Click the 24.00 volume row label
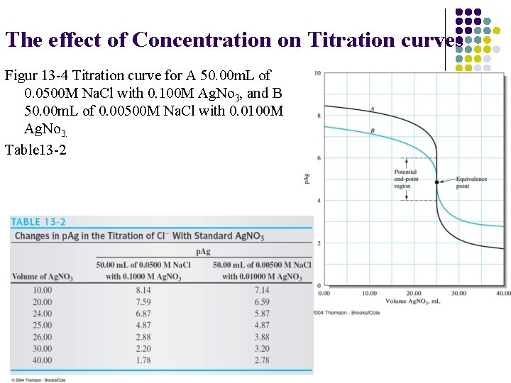(x=42, y=313)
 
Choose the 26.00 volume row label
(x=42, y=336)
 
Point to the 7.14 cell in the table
(x=261, y=289)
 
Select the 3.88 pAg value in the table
(x=261, y=336)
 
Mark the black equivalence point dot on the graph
(x=436, y=182)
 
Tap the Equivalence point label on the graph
(x=471, y=182)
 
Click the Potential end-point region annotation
(x=406, y=179)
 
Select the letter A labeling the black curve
(x=372, y=109)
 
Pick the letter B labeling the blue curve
(x=372, y=131)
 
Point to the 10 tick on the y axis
(x=317, y=73)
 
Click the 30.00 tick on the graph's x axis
(x=458, y=292)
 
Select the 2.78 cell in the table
(x=261, y=360)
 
